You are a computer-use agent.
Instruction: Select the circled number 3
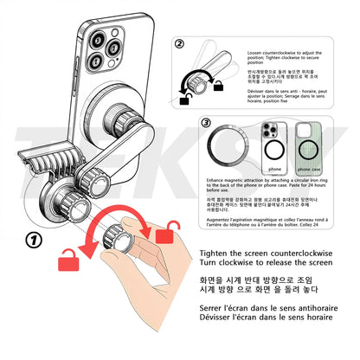[x=205, y=122]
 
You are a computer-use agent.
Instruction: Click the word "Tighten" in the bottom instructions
[x=202, y=251]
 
